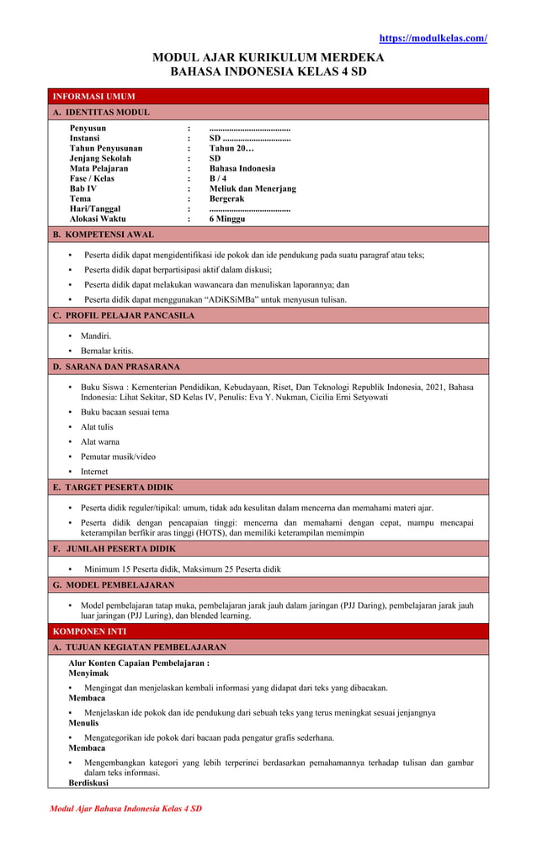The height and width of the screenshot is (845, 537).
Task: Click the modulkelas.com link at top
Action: click(x=433, y=38)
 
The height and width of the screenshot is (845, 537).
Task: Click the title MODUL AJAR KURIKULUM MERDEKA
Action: click(x=268, y=57)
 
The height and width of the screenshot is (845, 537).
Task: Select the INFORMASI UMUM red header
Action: click(x=93, y=97)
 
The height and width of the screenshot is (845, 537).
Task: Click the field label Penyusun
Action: click(x=88, y=128)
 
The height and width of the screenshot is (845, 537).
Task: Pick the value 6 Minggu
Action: click(x=227, y=219)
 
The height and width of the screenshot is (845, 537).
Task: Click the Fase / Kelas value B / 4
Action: click(x=218, y=178)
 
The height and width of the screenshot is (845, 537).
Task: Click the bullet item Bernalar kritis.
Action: click(x=107, y=351)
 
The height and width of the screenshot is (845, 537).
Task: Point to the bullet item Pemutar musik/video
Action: click(x=118, y=457)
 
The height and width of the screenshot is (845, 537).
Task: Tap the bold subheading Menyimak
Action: click(x=88, y=673)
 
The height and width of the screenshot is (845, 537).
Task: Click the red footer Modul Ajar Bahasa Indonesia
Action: click(x=125, y=808)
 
